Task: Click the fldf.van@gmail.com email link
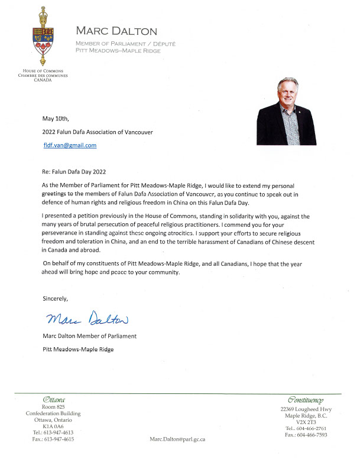point(70,145)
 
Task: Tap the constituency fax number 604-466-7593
point(307,434)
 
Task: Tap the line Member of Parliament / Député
point(125,44)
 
